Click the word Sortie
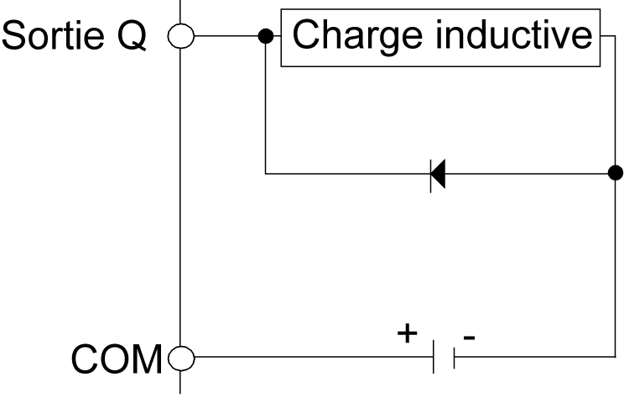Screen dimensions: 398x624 55,36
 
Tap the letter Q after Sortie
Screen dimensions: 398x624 135,36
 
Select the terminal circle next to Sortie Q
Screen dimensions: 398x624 180,36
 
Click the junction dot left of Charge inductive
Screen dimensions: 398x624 265,36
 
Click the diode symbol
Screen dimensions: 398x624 437,174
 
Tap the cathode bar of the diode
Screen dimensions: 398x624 430,174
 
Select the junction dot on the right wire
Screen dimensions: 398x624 615,173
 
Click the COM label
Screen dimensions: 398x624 117,360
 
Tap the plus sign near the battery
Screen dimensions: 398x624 407,333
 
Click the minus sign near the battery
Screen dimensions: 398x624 469,338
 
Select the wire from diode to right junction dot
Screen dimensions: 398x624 528,174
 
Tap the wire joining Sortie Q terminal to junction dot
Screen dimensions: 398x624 226,36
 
